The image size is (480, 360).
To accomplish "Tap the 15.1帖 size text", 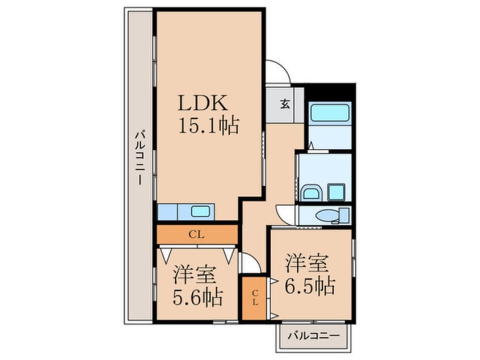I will tap(208, 125).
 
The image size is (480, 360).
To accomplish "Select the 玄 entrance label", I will tap(285, 104).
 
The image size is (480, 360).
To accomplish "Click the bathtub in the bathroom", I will tap(330, 112).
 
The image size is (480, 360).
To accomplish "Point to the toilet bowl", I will tap(329, 216).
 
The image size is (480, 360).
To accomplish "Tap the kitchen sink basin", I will tap(201, 211).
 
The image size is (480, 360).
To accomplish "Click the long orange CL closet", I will tap(197, 234).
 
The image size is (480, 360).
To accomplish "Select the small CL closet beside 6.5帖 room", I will tap(255, 298).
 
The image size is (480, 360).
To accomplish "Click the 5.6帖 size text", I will tap(197, 296).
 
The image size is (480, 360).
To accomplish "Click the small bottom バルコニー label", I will tap(314, 335).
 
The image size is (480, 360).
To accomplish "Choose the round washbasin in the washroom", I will tap(311, 192).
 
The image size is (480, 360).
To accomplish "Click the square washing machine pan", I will tap(336, 192).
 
